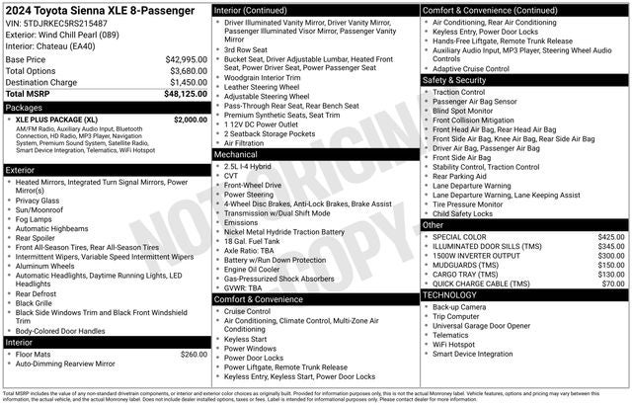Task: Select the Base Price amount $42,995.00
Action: coord(187,59)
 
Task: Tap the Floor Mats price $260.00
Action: coord(194,354)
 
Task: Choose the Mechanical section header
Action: coord(236,154)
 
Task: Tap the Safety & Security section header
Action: coord(454,79)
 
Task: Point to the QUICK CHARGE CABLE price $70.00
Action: coord(613,283)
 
